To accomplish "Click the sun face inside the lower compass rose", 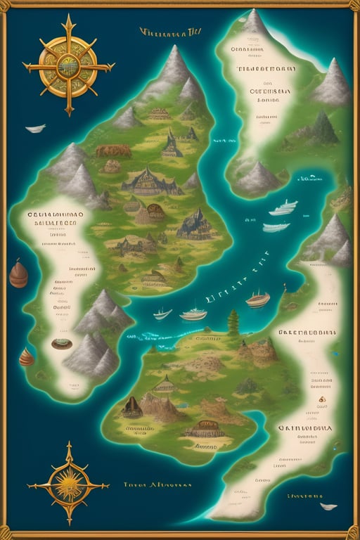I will coord(68,484).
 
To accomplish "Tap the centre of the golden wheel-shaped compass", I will coord(68,65).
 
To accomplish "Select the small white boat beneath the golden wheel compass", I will coord(35,129).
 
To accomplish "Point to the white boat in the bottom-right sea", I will coord(328,506).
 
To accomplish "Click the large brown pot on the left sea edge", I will coord(18,274).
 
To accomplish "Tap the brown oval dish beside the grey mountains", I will coord(62,344).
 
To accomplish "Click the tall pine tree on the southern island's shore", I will coord(233,321).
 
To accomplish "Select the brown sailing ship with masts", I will coord(257,300).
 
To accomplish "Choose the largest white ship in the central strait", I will coord(193,314).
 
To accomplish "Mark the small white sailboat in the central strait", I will coord(162,313).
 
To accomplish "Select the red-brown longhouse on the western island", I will coord(113,150).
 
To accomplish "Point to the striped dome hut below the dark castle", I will coord(155,212).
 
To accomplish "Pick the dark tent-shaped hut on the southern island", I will coord(131,406).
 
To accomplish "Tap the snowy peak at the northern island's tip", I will coord(255,25).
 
